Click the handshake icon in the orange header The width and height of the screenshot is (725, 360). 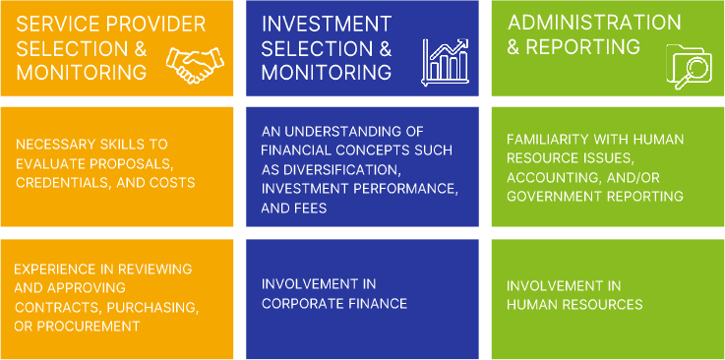point(195,64)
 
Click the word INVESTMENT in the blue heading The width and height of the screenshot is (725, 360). point(325,23)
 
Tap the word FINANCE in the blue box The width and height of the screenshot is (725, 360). point(379,302)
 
